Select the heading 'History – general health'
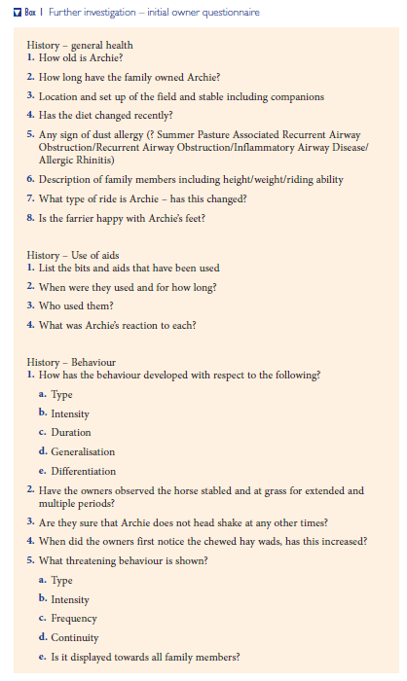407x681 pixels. click(x=80, y=45)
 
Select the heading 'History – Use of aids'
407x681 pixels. click(x=81, y=255)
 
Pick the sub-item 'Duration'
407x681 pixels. click(x=71, y=432)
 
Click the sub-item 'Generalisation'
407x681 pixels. click(x=83, y=451)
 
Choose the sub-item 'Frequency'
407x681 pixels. click(x=74, y=618)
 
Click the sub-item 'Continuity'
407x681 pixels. click(x=75, y=637)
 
